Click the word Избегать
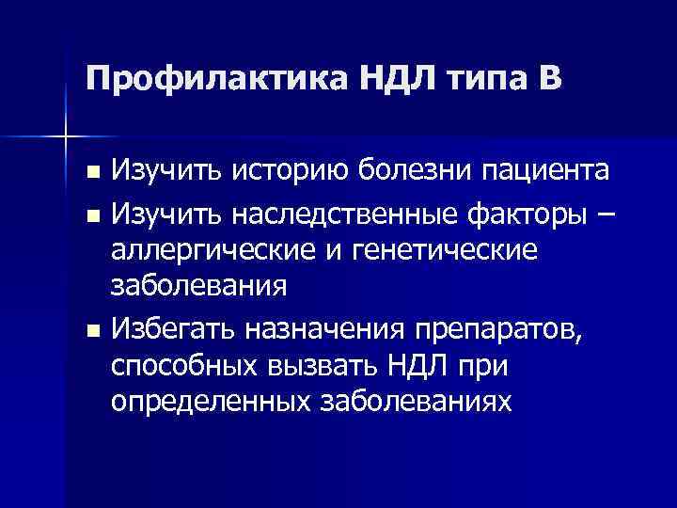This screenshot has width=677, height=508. click(x=172, y=328)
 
